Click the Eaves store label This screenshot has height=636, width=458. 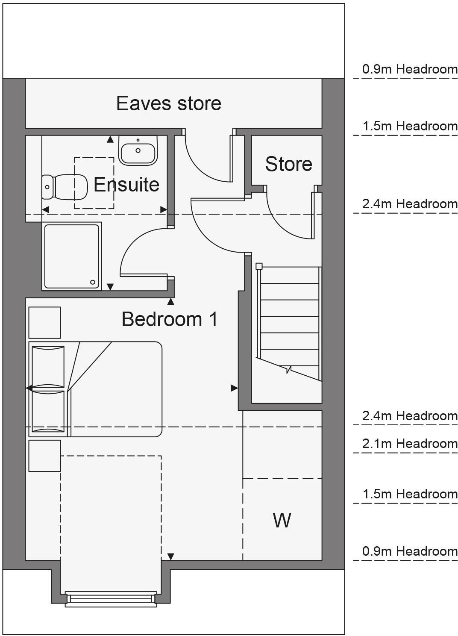tap(169, 103)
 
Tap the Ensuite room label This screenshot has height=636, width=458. tap(126, 185)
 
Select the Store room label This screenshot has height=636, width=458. tap(288, 164)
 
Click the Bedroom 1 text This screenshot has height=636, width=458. tap(170, 319)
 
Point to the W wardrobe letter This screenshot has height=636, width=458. tap(282, 520)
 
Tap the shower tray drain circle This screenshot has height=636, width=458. tap(93, 282)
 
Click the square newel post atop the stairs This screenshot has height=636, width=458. tap(259, 266)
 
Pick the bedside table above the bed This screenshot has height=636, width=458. tap(44, 323)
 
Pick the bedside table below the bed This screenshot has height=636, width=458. tap(44, 456)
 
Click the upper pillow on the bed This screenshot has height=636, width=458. tap(48, 367)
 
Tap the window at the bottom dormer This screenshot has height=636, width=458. tap(111, 599)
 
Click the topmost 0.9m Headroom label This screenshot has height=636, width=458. tap(409, 69)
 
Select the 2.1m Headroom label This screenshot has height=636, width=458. tap(409, 444)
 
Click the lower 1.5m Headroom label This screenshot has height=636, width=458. tap(409, 494)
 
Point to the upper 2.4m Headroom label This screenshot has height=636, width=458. tap(409, 204)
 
